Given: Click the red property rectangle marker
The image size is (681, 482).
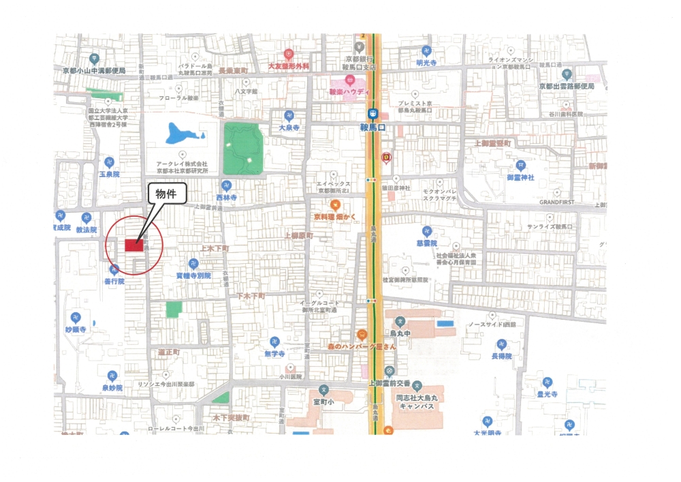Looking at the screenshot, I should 133,245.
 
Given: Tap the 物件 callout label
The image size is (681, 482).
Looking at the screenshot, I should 166,194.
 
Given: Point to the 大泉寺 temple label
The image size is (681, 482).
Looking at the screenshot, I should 289,127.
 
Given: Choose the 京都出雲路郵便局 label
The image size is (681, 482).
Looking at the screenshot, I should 567,87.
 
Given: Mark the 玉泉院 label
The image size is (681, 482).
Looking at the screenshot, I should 109,175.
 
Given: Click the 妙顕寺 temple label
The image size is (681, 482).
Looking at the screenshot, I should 76,329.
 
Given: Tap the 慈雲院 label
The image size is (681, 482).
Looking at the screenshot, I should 427,242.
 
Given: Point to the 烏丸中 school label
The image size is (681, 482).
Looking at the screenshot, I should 399,334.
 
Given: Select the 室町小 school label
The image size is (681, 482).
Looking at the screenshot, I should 324,402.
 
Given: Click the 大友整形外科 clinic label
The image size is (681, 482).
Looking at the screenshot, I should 288,66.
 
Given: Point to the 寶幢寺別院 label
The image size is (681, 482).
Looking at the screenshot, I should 193,275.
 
